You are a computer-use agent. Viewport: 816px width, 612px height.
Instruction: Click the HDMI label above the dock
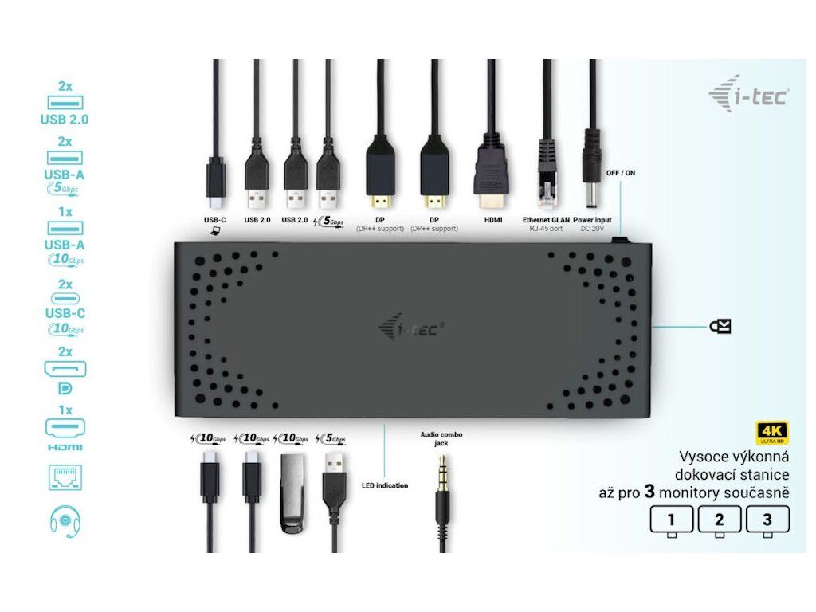tap(492, 219)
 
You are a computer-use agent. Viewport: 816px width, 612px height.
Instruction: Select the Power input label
tap(592, 219)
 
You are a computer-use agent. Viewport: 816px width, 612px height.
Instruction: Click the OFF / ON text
tap(621, 172)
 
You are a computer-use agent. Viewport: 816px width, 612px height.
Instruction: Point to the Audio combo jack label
tap(441, 439)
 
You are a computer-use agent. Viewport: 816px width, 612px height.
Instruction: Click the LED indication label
tap(385, 485)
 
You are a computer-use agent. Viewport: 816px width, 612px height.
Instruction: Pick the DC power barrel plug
tap(592, 163)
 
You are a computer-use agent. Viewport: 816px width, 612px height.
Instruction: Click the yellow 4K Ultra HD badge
tap(771, 433)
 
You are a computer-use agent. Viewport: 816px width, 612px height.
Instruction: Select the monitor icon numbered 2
tap(719, 520)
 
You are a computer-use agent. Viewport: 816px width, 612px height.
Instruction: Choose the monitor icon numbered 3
tap(767, 520)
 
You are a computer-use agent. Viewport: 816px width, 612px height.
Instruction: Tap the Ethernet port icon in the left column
tap(65, 477)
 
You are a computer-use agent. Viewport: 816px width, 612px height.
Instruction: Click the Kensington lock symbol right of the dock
tap(720, 326)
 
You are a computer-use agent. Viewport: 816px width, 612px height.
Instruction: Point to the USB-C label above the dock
tap(215, 219)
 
